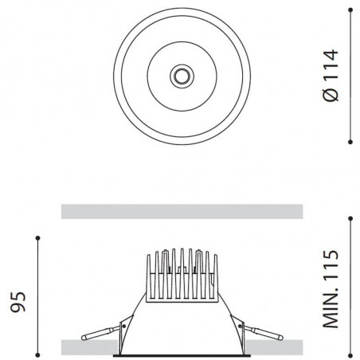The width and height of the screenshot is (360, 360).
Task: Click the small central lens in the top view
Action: (182, 76)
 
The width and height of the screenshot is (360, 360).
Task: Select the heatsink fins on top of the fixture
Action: (181, 275)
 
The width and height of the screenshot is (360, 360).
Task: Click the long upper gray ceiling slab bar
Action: (182, 211)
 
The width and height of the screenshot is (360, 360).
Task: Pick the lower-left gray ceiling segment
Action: (91, 347)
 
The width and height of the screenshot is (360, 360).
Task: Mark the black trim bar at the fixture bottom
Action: (181, 354)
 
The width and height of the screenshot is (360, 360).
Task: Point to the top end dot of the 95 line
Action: (37, 237)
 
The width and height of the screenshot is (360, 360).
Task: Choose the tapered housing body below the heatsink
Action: (181, 327)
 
